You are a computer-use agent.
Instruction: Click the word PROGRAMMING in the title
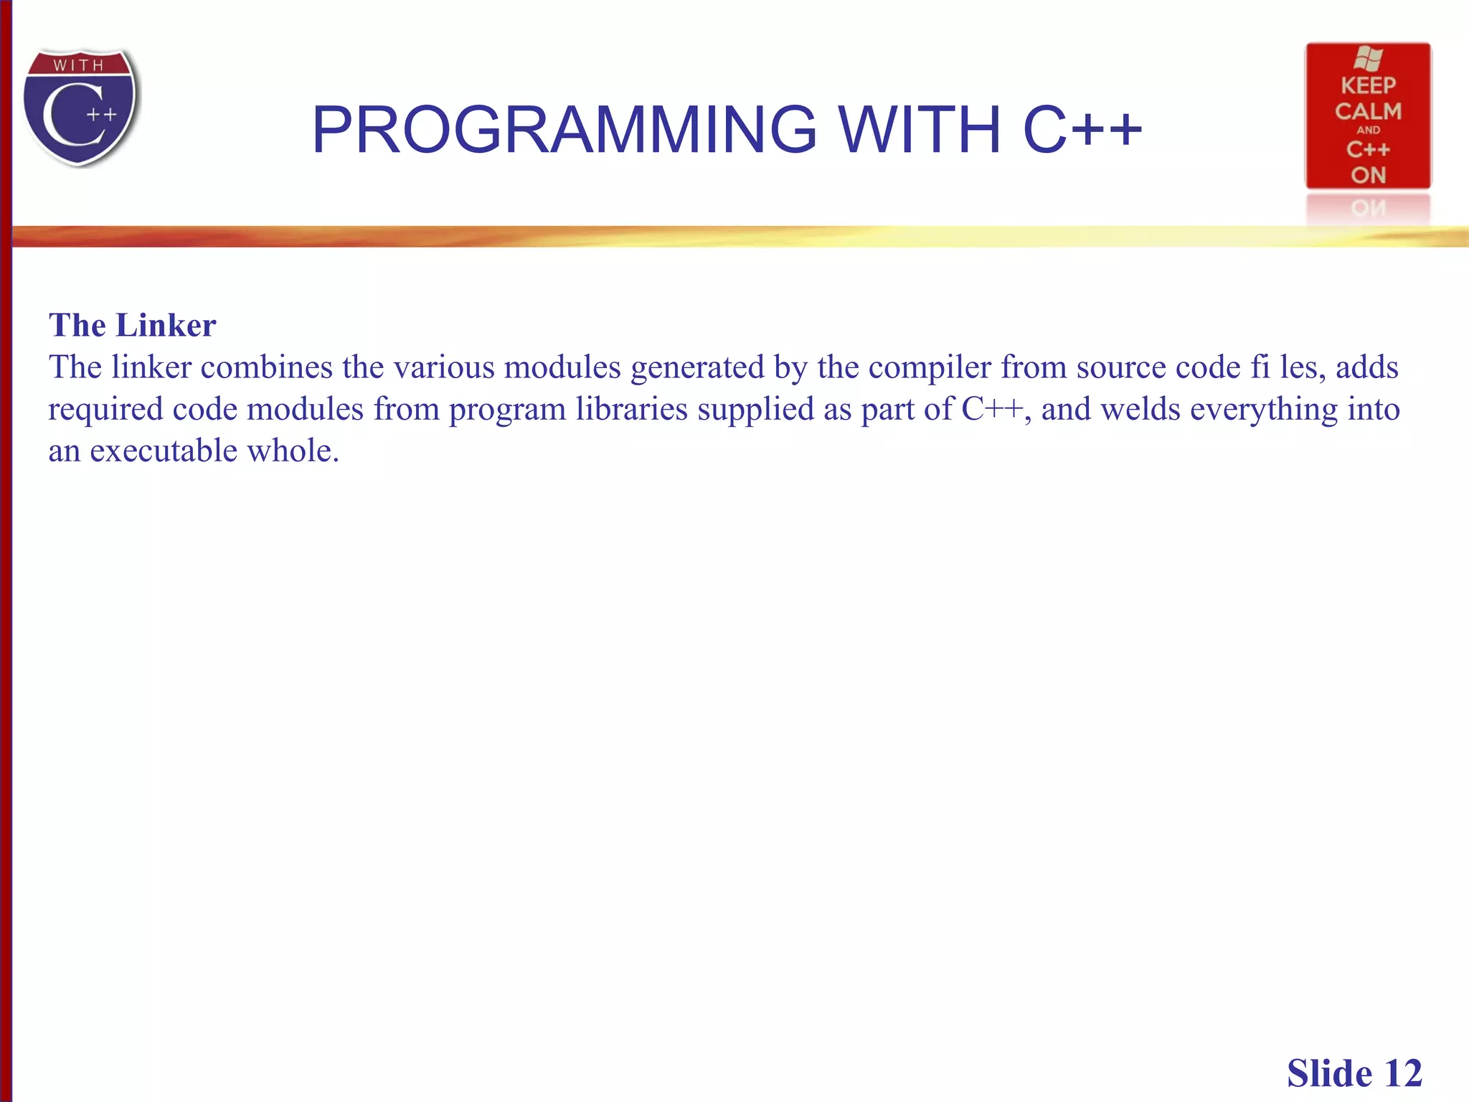coord(564,130)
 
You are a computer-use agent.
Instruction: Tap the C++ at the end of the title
coord(1082,130)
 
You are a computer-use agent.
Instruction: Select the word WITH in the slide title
coord(920,130)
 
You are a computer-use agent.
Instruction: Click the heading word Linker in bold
coord(166,326)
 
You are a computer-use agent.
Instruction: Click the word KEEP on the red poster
coord(1368,86)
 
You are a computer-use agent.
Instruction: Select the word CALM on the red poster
coord(1368,112)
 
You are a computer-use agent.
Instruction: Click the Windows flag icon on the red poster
coord(1368,59)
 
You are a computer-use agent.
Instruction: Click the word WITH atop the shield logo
coord(79,66)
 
